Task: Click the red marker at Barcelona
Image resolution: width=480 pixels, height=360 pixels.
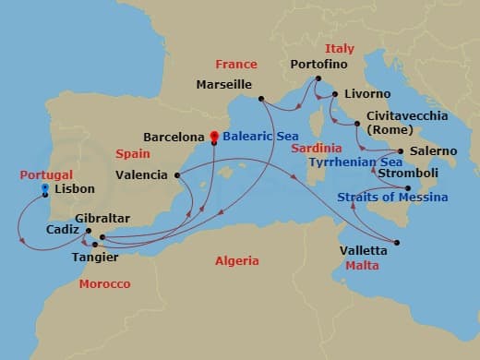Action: tap(214, 137)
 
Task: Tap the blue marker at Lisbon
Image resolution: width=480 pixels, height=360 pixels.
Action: tap(44, 188)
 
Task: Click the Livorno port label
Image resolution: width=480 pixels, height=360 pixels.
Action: tap(366, 94)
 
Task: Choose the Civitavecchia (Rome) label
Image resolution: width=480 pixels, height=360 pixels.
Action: tap(407, 123)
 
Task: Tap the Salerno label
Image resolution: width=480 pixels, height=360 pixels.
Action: tap(433, 150)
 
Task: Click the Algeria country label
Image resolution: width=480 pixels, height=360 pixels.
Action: tap(237, 261)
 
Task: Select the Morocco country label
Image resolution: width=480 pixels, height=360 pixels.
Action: tap(104, 283)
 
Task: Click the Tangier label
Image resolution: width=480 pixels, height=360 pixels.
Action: tap(94, 258)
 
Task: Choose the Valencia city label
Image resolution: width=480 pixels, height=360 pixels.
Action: tap(142, 174)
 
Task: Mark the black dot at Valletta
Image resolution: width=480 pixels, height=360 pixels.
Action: tap(397, 243)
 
